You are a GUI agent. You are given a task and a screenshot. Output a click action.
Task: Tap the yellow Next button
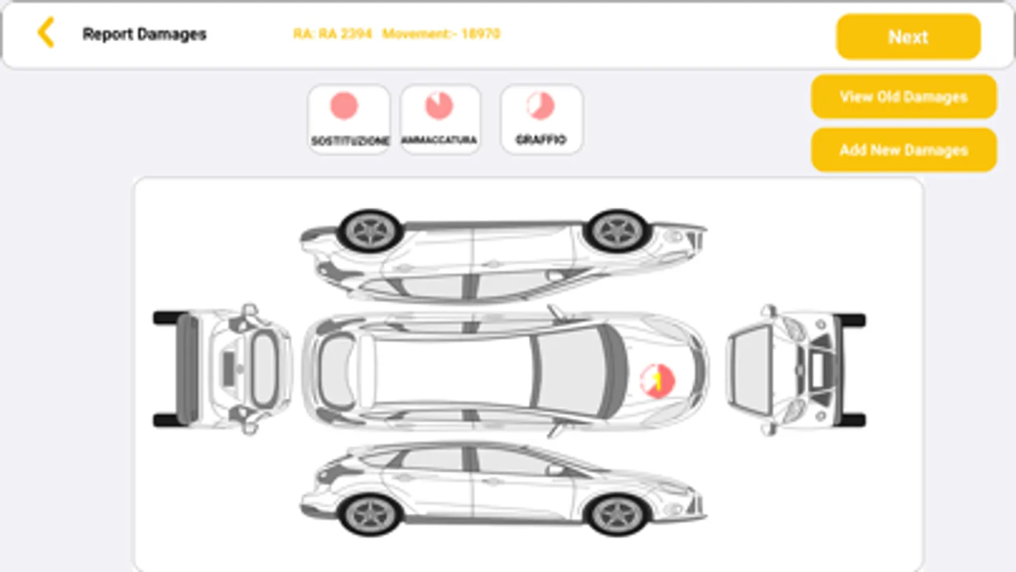click(x=908, y=37)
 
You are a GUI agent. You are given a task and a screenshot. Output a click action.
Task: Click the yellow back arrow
click(x=46, y=33)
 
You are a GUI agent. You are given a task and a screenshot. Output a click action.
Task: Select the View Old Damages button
click(x=903, y=97)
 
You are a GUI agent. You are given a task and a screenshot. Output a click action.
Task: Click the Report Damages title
click(x=144, y=34)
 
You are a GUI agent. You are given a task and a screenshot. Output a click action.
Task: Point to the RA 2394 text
click(x=332, y=34)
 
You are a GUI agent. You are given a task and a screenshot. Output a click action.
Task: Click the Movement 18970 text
click(x=441, y=34)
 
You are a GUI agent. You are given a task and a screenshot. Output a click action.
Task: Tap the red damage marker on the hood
click(x=657, y=381)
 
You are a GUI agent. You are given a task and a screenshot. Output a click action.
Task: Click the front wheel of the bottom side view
click(x=617, y=513)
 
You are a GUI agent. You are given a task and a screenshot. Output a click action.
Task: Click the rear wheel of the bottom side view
click(x=370, y=513)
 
